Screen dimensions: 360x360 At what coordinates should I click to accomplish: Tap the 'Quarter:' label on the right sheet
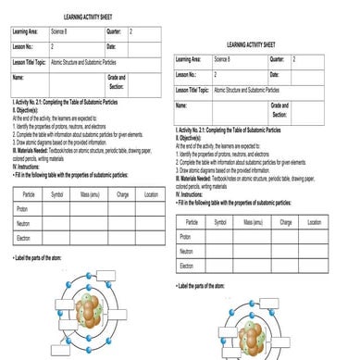278,58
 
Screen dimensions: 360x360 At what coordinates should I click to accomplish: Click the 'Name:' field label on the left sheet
18,78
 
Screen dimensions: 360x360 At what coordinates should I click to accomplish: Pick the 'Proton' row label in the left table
22,209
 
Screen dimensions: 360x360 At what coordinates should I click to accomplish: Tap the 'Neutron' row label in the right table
187,251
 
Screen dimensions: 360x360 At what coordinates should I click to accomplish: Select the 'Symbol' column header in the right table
222,222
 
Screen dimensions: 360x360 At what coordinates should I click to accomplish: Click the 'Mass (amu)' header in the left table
90,195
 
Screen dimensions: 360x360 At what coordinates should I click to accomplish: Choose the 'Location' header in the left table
151,195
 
